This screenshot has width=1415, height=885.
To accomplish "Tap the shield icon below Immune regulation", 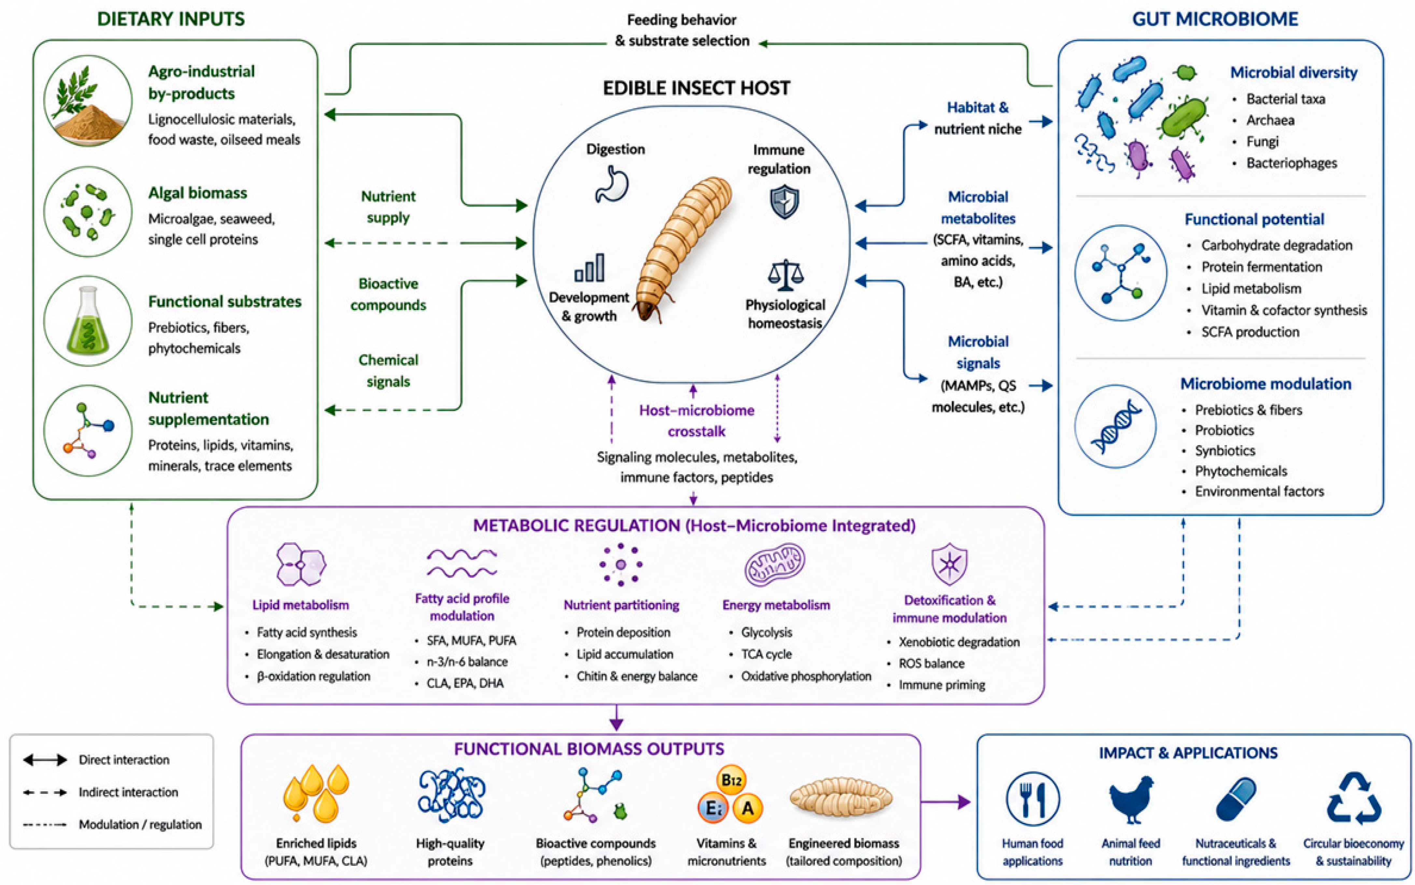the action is pos(784,201).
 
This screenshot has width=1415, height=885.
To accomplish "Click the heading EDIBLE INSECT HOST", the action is pos(696,88).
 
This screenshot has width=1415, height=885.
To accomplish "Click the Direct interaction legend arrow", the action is pos(45,760).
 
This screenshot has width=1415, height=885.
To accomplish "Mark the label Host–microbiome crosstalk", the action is pos(696,421).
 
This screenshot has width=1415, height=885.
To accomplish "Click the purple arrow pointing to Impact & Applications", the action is pos(945,802).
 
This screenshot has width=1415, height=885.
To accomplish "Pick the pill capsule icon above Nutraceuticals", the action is pos(1236,799).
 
